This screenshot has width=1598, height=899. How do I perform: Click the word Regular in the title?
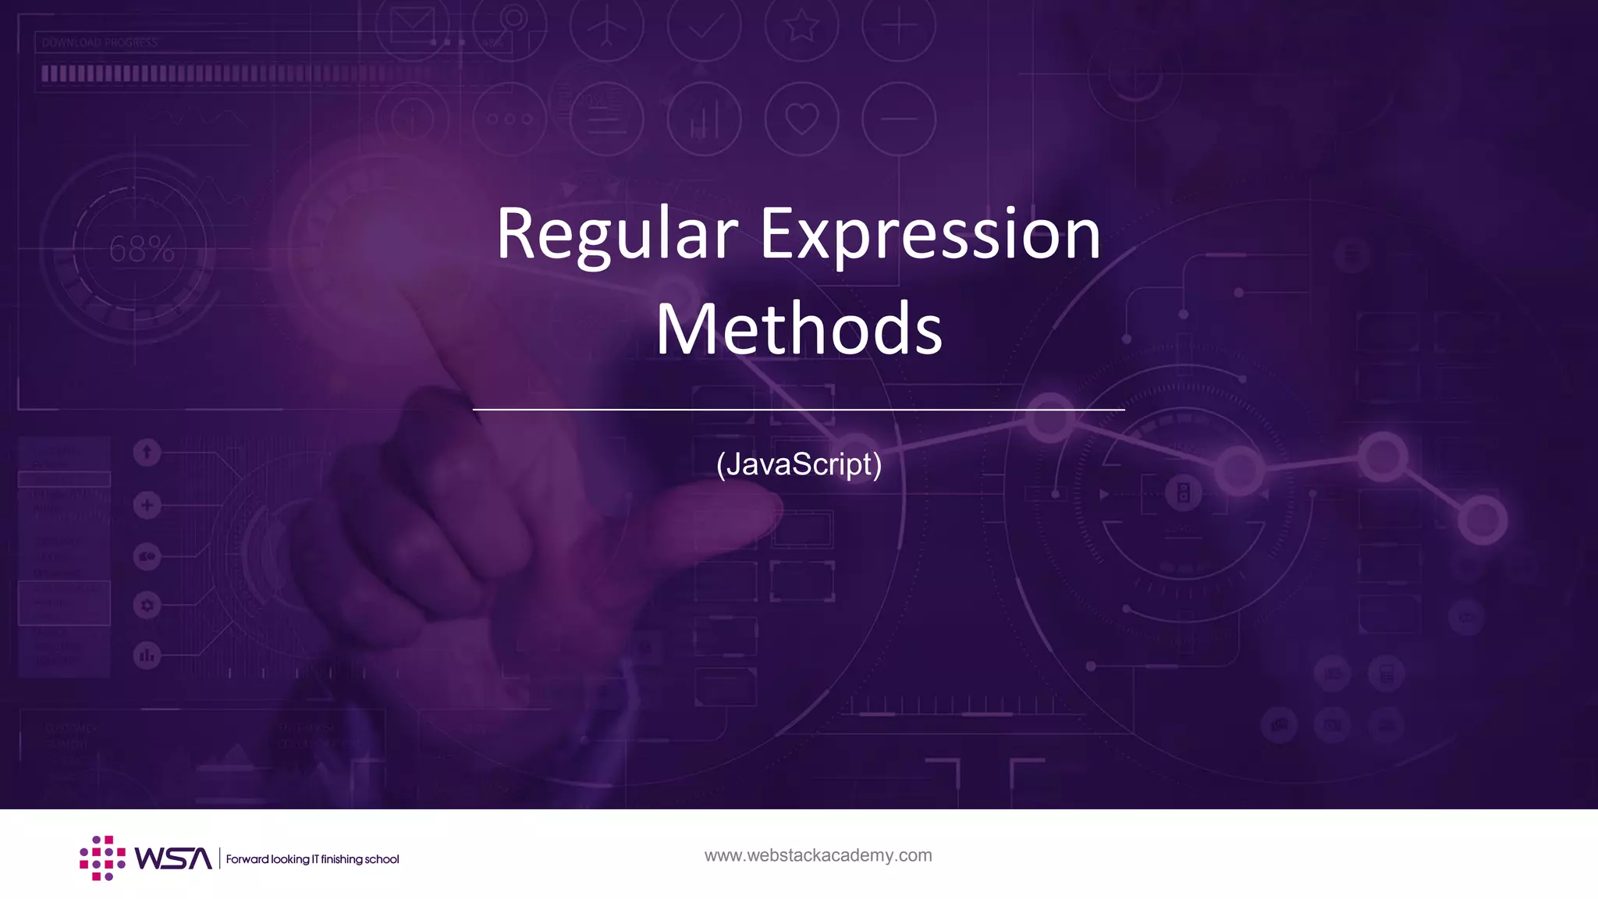click(x=616, y=234)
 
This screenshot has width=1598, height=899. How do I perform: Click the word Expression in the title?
click(x=930, y=234)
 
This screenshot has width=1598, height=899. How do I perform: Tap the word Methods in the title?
click(x=799, y=329)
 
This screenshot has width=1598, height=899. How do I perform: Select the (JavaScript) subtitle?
click(x=799, y=464)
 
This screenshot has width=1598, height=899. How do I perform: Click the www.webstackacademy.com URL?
click(x=818, y=855)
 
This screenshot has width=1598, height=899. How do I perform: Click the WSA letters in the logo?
click(x=172, y=858)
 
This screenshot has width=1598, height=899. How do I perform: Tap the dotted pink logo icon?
click(x=102, y=858)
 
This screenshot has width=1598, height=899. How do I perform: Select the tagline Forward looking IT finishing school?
click(x=312, y=859)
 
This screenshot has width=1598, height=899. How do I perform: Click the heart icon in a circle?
click(x=801, y=119)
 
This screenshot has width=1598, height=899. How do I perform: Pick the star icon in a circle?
click(x=801, y=27)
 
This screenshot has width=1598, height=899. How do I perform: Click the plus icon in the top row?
click(x=899, y=27)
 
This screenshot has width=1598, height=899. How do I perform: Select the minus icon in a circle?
click(x=899, y=119)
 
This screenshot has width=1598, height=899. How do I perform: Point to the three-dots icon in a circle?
click(x=509, y=119)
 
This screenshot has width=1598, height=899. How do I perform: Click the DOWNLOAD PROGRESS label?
click(x=100, y=43)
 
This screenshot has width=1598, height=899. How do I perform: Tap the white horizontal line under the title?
click(x=799, y=409)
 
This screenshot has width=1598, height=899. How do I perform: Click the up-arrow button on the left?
click(x=147, y=452)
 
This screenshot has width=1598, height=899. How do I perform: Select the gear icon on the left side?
click(x=147, y=605)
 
